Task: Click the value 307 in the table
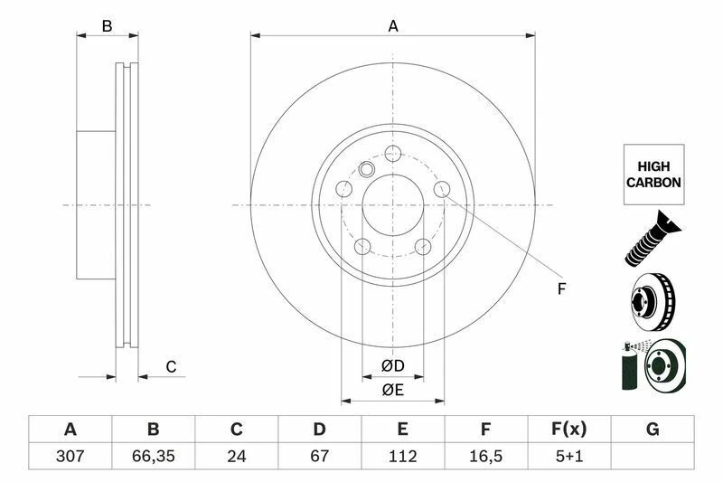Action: pos(69,456)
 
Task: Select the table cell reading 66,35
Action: pos(153,456)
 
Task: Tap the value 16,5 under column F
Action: pos(485,456)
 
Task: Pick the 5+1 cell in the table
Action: pos(568,456)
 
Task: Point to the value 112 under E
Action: pos(402,456)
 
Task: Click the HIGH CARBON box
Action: pos(653,174)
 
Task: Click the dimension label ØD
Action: pos(392,366)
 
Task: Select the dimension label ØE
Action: pos(392,391)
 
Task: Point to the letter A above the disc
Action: pos(393,26)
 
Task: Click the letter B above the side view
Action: pos(107,26)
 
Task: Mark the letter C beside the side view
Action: pos(170,366)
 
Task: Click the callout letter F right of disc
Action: pos(561,289)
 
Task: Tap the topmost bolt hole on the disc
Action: pos(393,153)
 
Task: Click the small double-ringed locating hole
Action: pos(367,168)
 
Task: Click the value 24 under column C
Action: pos(237,456)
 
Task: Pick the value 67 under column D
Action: pos(319,456)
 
